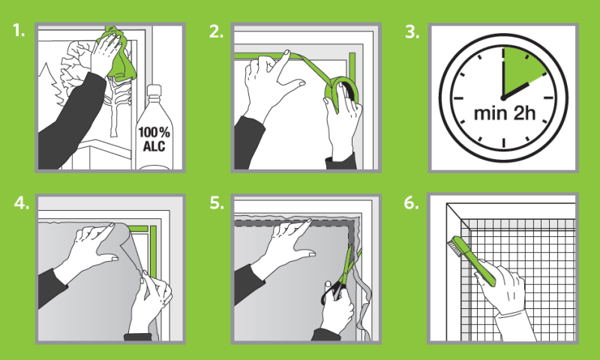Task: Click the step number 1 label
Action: (18, 30)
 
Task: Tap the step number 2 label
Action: (216, 31)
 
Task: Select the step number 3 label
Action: (412, 32)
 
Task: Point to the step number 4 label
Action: (22, 202)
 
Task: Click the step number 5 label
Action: (217, 202)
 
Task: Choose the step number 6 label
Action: (411, 202)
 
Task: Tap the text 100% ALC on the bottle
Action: (154, 139)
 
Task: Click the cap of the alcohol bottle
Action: (154, 90)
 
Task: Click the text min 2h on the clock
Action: (504, 113)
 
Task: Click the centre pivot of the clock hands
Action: (503, 98)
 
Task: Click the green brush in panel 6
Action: (473, 260)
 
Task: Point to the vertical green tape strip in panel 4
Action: (153, 252)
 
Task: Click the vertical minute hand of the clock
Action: (503, 73)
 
